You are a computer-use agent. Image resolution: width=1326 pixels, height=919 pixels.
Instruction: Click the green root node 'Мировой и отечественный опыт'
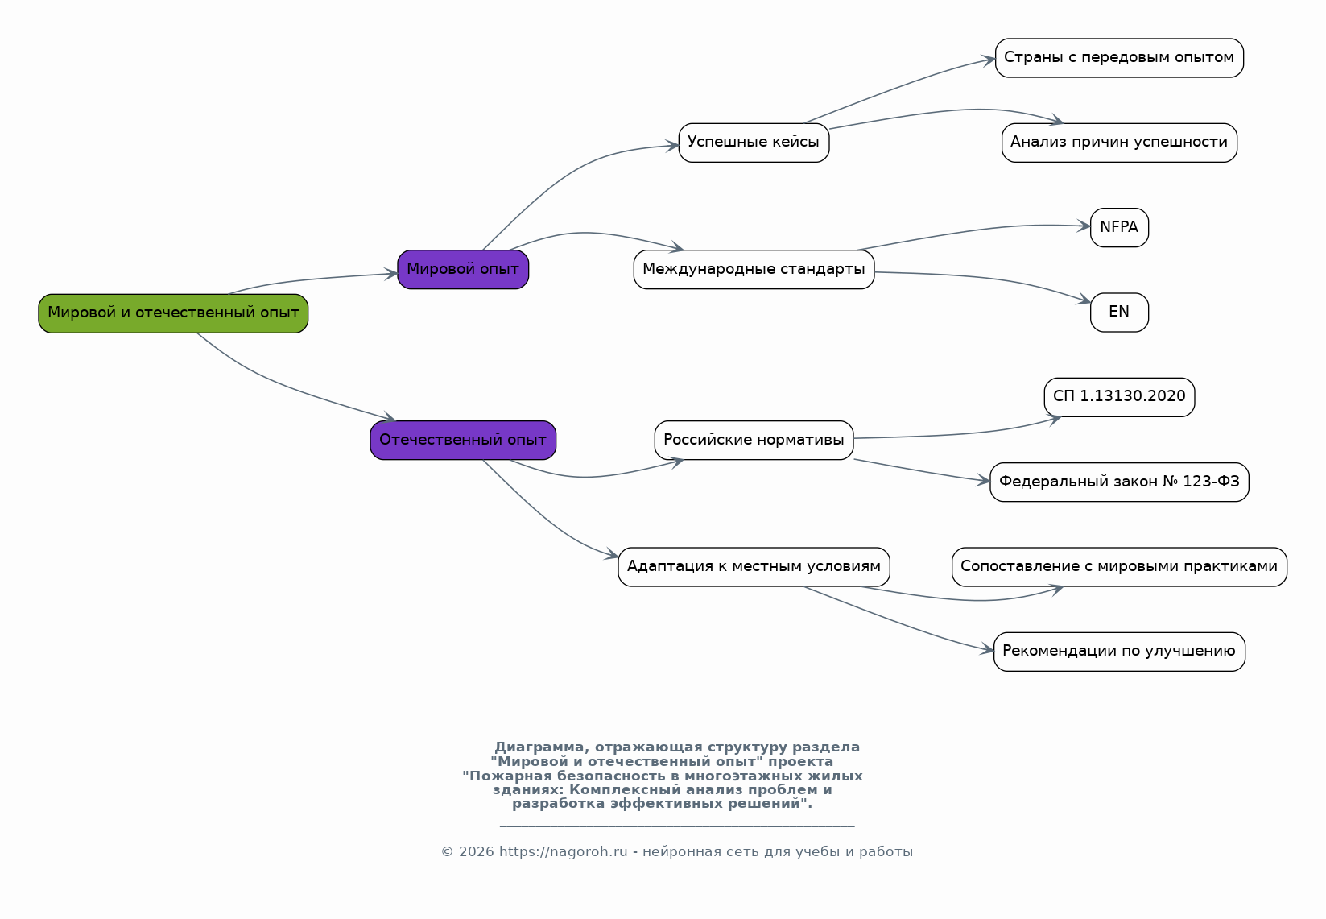point(173,313)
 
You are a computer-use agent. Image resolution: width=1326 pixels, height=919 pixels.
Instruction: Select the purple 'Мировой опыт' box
point(462,270)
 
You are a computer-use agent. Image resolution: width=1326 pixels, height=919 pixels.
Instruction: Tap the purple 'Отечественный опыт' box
point(462,440)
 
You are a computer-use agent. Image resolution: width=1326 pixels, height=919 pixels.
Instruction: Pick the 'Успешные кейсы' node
point(753,143)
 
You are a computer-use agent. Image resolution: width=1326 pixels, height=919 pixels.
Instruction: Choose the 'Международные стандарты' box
point(753,270)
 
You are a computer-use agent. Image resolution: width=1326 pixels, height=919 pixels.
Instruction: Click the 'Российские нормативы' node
point(753,440)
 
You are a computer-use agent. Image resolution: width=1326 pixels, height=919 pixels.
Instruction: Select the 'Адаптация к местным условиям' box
point(753,567)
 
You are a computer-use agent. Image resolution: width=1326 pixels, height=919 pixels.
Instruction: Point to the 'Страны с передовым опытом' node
point(1118,58)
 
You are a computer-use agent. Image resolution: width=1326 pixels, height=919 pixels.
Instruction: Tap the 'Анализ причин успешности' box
point(1118,143)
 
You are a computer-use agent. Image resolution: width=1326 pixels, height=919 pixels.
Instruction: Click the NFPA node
point(1118,227)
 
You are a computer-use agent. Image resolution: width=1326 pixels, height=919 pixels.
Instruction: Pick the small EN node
point(1118,312)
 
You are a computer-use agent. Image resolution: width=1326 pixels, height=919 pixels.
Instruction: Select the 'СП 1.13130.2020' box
point(1118,397)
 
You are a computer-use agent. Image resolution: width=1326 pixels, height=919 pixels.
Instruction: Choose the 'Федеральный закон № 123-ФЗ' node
point(1118,482)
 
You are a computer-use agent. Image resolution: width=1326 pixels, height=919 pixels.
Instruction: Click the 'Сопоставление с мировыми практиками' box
point(1118,567)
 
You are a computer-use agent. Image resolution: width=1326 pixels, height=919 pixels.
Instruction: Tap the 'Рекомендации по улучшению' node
point(1118,652)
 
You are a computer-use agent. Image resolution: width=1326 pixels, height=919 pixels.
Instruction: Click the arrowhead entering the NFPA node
point(1084,226)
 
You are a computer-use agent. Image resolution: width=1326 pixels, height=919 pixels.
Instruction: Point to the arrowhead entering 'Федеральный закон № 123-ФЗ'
point(983,480)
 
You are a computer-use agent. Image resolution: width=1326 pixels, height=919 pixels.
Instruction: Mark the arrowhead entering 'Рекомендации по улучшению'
point(987,649)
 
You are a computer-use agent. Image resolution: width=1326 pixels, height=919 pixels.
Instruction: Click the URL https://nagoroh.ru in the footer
point(563,851)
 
